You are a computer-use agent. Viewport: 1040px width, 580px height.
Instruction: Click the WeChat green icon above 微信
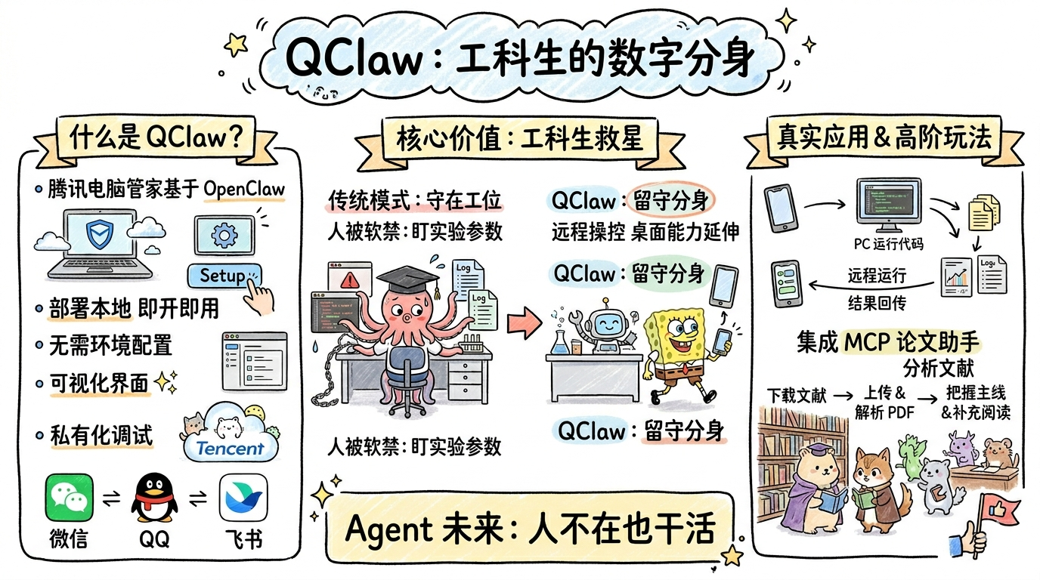coord(69,498)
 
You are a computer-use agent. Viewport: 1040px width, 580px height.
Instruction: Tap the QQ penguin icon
coord(155,499)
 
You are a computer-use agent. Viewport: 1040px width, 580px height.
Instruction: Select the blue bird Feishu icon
coord(243,498)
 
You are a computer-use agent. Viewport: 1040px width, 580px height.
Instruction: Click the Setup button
coord(223,276)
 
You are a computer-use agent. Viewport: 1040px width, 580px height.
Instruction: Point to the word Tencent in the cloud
coord(230,448)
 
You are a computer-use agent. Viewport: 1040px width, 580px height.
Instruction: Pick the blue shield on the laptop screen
coord(98,235)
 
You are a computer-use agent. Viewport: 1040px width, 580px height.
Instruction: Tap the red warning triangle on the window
coord(350,280)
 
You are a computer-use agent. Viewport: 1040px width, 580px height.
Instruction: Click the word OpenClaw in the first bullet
coord(245,190)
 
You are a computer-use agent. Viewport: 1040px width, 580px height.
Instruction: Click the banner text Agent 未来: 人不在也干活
coord(529,528)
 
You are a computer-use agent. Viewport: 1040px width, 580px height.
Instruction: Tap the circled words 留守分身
coord(671,201)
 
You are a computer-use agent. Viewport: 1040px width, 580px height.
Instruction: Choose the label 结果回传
coord(877,303)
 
